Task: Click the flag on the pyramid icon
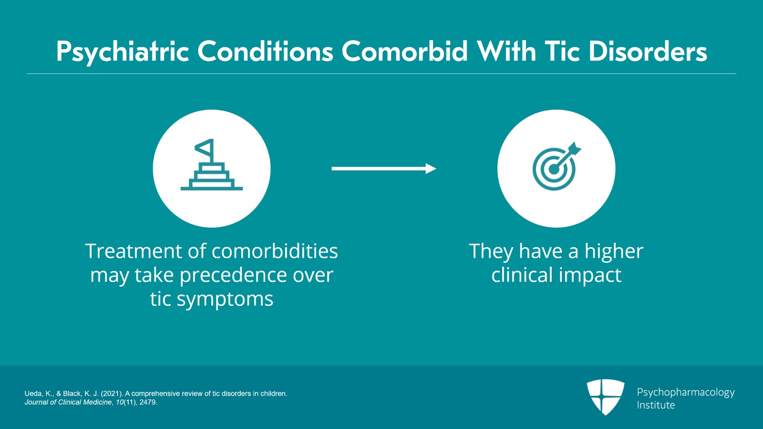click(x=205, y=149)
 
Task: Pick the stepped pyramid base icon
click(x=212, y=178)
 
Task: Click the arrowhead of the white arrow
click(x=431, y=168)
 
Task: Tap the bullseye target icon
click(x=555, y=167)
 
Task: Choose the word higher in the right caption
click(x=614, y=251)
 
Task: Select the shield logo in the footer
click(x=605, y=396)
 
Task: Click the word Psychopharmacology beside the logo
click(x=686, y=392)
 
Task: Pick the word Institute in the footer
click(x=656, y=405)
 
